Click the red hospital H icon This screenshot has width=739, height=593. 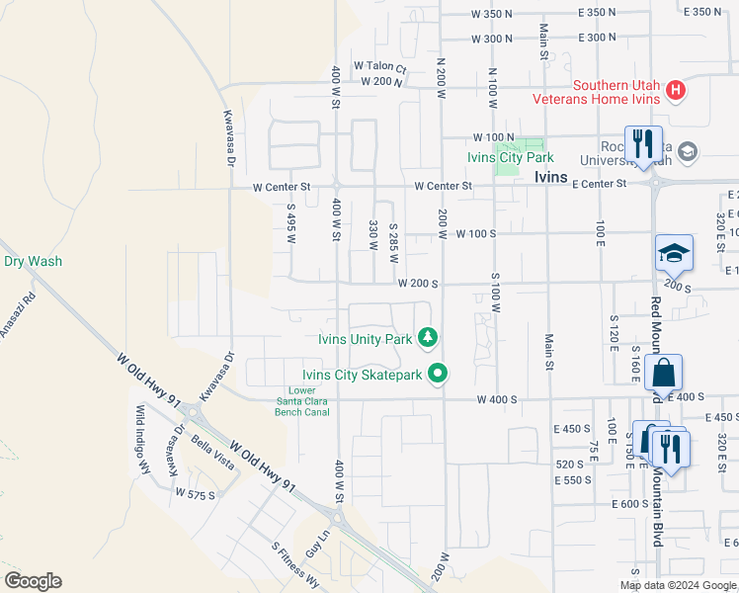tap(676, 91)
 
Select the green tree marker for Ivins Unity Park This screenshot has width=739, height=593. tap(428, 339)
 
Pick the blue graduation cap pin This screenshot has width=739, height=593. tap(674, 253)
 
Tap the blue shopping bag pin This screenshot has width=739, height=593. tap(663, 374)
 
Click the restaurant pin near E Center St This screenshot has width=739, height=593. tap(643, 144)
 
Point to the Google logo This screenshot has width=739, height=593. tap(33, 581)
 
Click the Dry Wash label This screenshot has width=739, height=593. tap(33, 262)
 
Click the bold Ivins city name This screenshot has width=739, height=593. tap(550, 177)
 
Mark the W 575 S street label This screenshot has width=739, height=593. tap(195, 492)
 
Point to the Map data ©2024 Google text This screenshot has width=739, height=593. tap(678, 585)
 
